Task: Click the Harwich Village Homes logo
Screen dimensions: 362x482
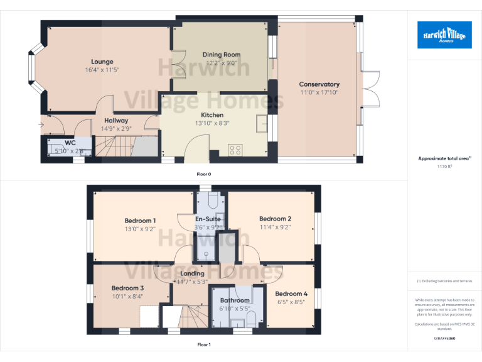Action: pos(444,35)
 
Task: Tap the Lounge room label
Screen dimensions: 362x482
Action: pos(102,62)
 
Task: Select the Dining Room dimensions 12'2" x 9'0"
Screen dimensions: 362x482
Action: pos(221,63)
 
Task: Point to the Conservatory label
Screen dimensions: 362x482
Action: pos(319,84)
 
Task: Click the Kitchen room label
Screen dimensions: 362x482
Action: pos(212,115)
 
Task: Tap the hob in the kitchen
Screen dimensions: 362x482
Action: pos(236,150)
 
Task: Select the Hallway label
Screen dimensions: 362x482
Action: pos(116,120)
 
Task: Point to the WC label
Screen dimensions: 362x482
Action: pos(70,143)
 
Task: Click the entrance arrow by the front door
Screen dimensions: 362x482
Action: pos(41,124)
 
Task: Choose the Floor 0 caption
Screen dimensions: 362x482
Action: pos(203,173)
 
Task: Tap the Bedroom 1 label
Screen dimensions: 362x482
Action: pos(140,221)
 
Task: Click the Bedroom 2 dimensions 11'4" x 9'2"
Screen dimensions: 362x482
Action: pos(275,228)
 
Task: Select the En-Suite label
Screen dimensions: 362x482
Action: pos(208,219)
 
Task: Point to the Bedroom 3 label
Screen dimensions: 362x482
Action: pos(128,288)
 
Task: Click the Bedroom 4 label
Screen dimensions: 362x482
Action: pos(291,293)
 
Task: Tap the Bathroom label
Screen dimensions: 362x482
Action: pos(235,300)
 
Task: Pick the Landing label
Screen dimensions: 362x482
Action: pos(192,273)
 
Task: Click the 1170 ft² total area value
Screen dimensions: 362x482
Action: pos(444,167)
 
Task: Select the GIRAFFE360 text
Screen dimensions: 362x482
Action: pos(444,339)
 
